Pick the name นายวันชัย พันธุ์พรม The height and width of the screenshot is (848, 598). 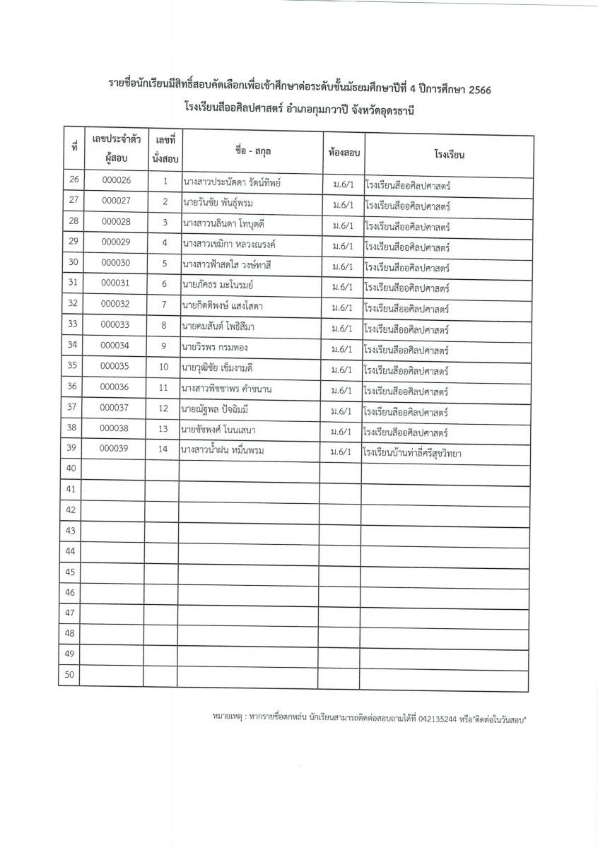pos(217,203)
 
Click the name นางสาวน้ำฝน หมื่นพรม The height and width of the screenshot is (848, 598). pos(227,449)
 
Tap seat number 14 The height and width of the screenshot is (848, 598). pos(163,449)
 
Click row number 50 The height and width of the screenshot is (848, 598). pos(70,675)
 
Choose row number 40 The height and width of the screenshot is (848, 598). pos(70,469)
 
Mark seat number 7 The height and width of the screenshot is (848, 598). pos(163,305)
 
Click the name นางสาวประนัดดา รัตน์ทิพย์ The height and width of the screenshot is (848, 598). pos(231,183)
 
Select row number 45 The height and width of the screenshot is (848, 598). pos(70,572)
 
